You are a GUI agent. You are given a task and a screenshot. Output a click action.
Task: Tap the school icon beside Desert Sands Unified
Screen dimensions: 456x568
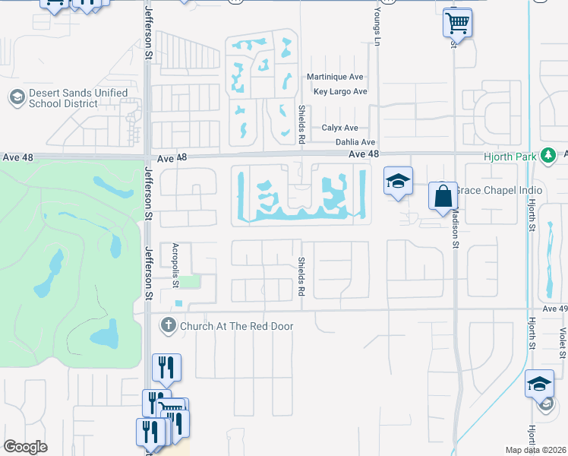point(16,98)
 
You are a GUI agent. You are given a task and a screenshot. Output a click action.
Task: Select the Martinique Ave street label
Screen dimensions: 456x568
point(336,78)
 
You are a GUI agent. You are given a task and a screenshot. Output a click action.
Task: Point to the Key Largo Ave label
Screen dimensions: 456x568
point(340,92)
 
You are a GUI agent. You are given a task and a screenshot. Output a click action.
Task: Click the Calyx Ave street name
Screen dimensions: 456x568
point(339,128)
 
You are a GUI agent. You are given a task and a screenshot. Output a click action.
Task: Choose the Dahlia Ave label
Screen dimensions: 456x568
point(355,142)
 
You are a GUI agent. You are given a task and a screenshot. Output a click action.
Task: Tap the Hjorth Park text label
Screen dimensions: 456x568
point(509,156)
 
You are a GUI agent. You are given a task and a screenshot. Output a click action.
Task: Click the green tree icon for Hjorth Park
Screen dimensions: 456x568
point(547,156)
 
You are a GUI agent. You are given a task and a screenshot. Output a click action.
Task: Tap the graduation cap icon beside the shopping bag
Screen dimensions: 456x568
point(398,181)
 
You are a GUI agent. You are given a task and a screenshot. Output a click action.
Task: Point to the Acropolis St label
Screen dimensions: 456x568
point(175,265)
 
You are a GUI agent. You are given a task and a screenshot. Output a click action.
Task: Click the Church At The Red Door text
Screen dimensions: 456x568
point(236,326)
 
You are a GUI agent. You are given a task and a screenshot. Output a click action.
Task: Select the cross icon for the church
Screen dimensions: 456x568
point(168,326)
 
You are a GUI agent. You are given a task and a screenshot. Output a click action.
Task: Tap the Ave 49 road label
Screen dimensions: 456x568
point(555,309)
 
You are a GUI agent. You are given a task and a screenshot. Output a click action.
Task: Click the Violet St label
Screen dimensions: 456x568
point(562,342)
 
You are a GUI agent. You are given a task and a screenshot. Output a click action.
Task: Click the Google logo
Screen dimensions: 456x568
point(25,447)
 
